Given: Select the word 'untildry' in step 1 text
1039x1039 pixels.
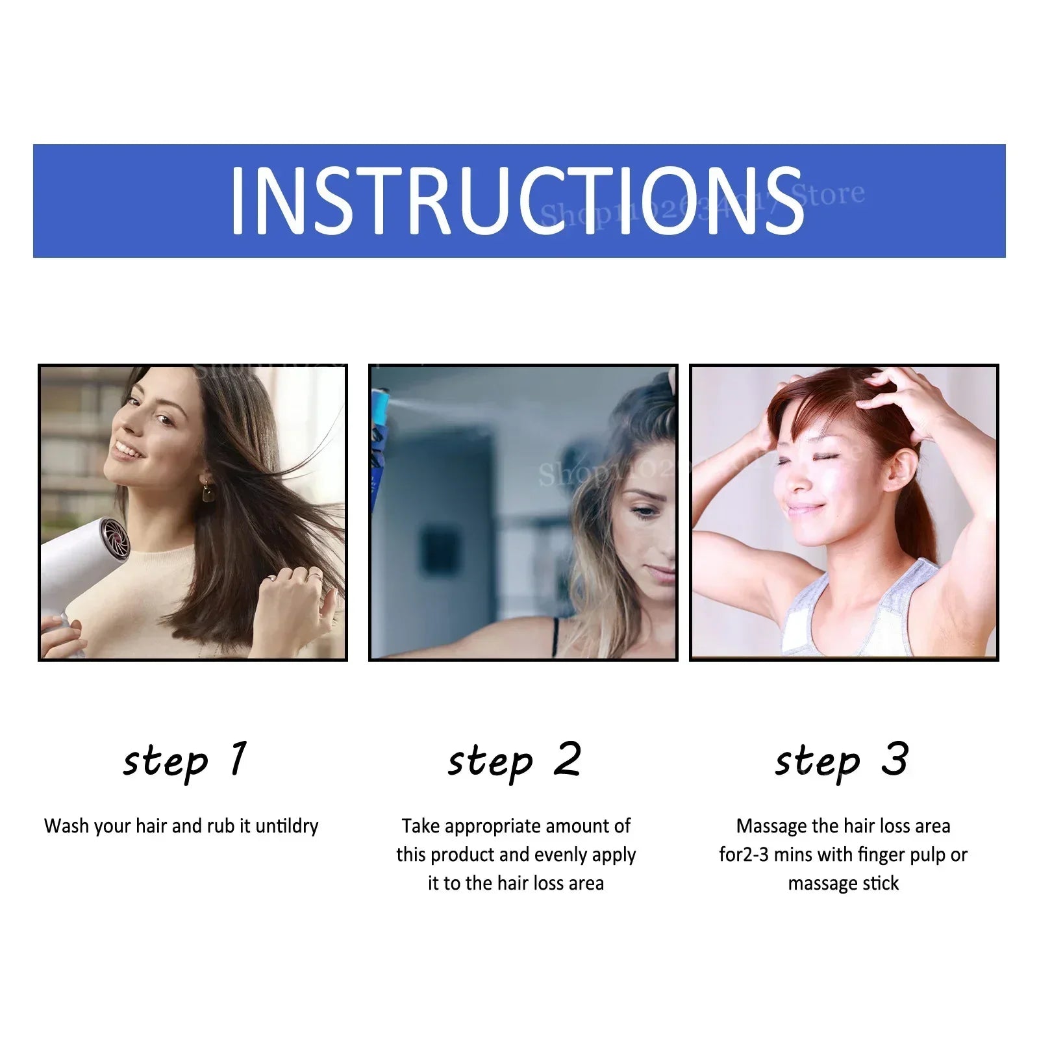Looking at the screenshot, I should click(x=286, y=826).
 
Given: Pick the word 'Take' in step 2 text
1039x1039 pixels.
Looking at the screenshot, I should click(x=421, y=826).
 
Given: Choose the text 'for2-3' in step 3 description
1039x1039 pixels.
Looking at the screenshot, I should click(x=744, y=855).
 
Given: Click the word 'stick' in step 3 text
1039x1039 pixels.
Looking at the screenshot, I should click(x=881, y=883).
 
